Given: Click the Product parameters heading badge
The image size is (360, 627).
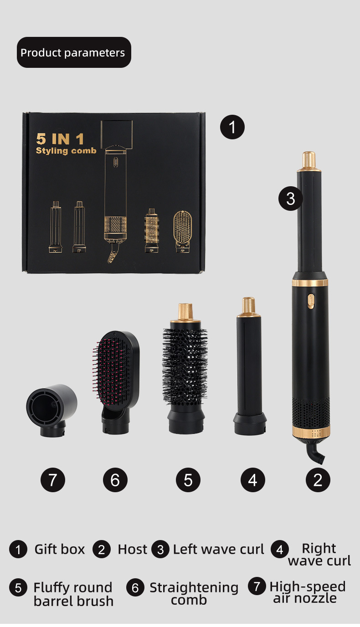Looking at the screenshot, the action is (x=74, y=52).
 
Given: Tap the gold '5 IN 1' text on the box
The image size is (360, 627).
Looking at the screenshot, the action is (x=60, y=139).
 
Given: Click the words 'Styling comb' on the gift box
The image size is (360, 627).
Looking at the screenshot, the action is (x=66, y=151).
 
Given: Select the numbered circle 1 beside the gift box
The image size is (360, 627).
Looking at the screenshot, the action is (x=232, y=127).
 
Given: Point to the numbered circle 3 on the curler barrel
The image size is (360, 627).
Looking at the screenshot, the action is (x=291, y=199).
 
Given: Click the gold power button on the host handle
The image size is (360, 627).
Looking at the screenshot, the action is (x=311, y=301).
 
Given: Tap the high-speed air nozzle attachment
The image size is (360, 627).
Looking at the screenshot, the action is (x=52, y=410).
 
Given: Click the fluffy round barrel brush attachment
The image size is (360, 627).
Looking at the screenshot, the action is (x=185, y=368).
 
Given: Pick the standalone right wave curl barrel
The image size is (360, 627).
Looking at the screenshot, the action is (x=249, y=367).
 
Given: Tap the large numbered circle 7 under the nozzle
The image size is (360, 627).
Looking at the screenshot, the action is (x=53, y=480).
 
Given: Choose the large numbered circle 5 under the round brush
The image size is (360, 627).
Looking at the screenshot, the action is (x=188, y=480).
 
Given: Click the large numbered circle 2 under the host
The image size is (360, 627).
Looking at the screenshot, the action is (x=318, y=480).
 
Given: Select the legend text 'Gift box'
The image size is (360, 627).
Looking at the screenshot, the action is (x=60, y=550).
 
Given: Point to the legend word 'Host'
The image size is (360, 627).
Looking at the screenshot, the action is (x=132, y=550).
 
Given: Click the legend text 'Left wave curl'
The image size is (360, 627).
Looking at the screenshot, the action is (x=219, y=550).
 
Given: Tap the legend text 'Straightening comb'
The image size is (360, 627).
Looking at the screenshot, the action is (x=194, y=594).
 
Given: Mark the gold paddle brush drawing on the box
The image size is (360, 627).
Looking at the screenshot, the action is (x=183, y=231).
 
